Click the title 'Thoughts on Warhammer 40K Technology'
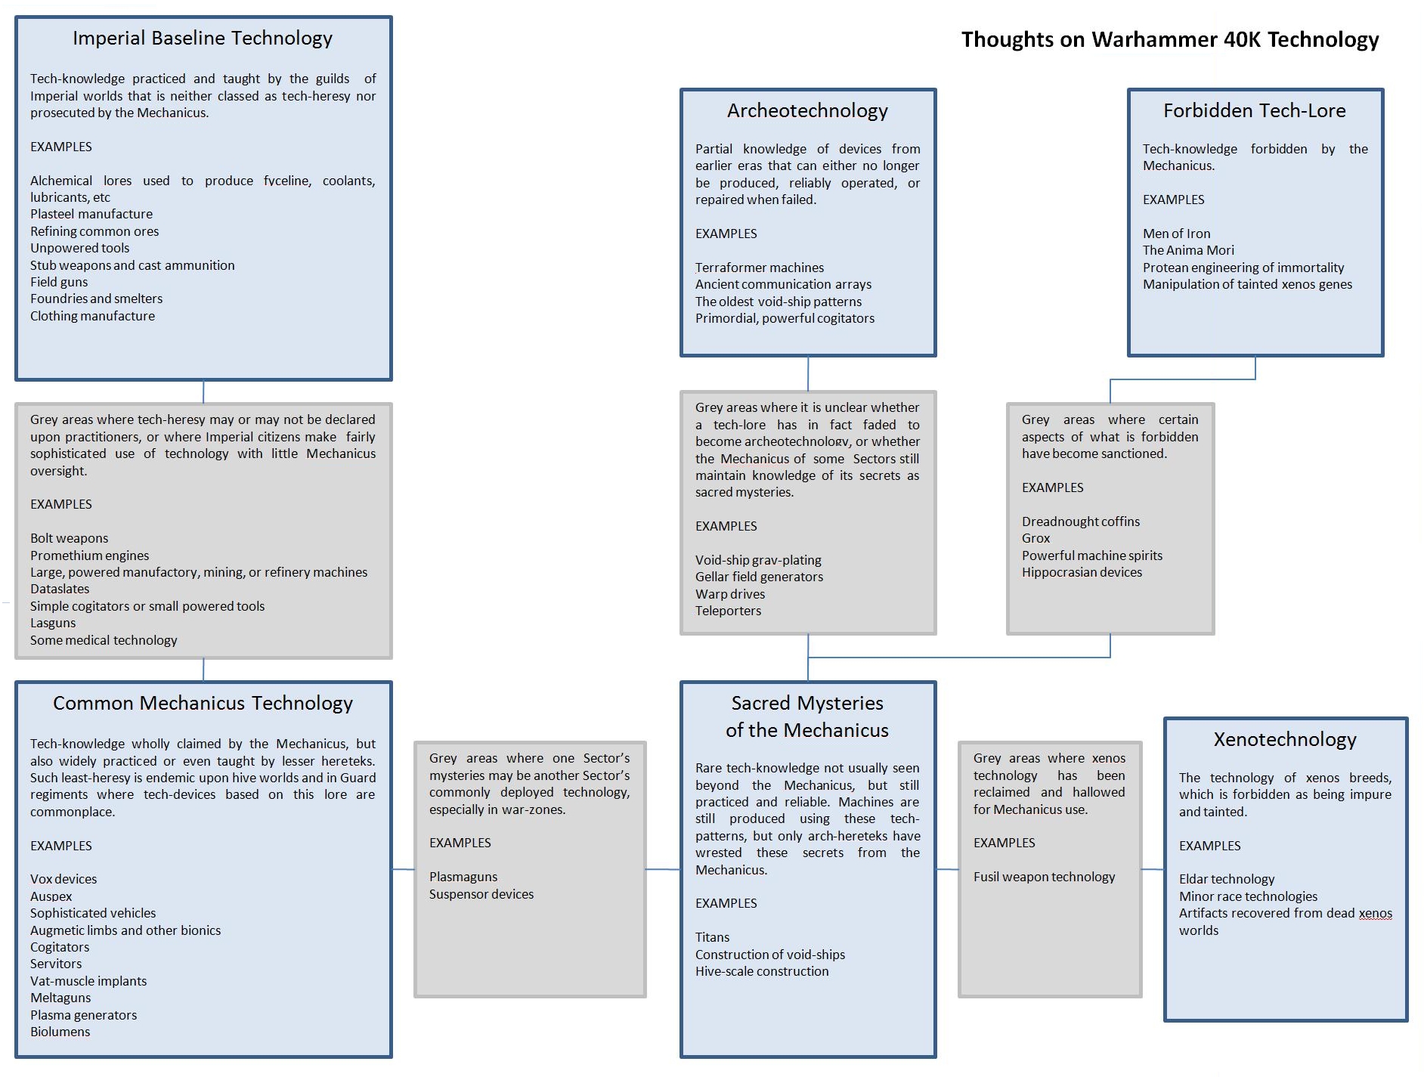[1169, 39]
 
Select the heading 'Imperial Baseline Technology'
[203, 38]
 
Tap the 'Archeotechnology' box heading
[807, 110]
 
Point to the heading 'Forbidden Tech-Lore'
[1254, 110]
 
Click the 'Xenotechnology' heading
[1285, 739]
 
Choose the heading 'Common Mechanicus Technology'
[203, 703]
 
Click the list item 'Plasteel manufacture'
[91, 214]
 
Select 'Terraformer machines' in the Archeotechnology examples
[760, 268]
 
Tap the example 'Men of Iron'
[1176, 234]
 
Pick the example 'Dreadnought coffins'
[1080, 521]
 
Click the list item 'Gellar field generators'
[759, 577]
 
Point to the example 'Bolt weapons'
[69, 538]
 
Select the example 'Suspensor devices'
[481, 894]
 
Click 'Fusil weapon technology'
[1044, 877]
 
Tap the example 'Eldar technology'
[1226, 879]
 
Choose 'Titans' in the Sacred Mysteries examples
[712, 937]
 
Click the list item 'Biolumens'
[60, 1032]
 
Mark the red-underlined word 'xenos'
[1375, 913]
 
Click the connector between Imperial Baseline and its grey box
[203, 391]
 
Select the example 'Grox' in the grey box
[1035, 538]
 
